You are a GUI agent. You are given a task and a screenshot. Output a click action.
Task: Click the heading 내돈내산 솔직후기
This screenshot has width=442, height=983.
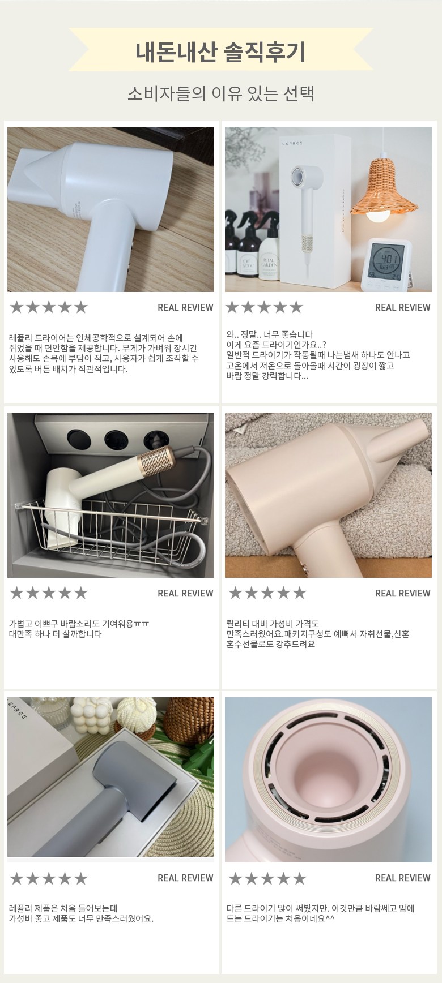220,51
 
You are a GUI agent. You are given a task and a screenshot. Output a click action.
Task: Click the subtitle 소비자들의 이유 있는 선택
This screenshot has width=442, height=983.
220,93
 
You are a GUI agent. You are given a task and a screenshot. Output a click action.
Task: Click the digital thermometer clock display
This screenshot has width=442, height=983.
388,264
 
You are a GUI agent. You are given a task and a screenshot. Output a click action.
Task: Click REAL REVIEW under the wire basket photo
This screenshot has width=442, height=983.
185,593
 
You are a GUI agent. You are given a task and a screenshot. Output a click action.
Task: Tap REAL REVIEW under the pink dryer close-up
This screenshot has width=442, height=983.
402,878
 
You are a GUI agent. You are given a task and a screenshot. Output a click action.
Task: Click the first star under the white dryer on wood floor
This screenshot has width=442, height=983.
16,307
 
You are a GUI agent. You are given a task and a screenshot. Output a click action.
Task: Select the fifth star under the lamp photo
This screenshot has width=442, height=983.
296,307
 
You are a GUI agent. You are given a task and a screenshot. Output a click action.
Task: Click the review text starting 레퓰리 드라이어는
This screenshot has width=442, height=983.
104,354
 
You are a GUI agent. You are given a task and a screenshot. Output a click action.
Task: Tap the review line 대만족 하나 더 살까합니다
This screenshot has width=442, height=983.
56,634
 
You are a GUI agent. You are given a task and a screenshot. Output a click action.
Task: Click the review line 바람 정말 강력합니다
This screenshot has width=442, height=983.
267,376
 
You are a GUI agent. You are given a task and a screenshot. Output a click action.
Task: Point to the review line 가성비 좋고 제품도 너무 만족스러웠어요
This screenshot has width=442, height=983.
81,918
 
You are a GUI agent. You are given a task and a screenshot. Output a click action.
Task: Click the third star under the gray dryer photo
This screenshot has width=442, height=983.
49,878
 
